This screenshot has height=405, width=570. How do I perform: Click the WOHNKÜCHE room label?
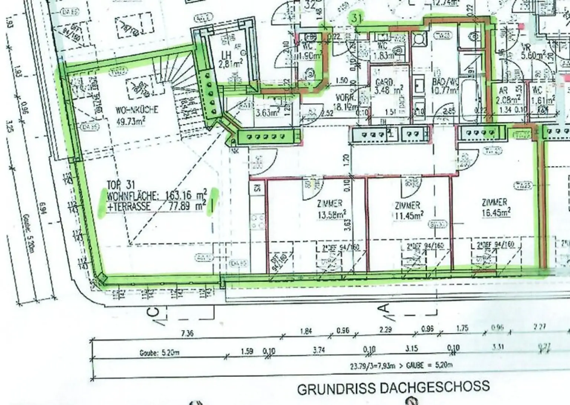click(137, 110)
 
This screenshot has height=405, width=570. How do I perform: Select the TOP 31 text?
click(121, 184)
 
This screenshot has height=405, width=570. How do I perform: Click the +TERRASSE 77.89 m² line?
click(156, 206)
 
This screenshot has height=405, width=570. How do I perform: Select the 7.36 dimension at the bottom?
click(187, 333)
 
